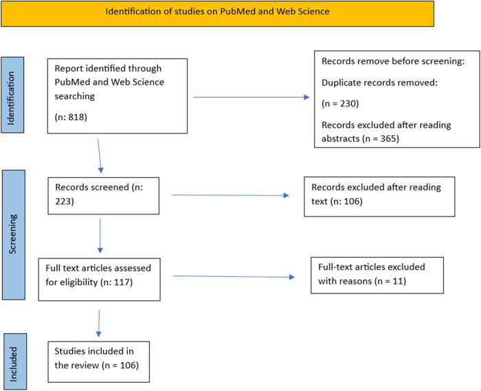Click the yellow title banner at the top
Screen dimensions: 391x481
pyautogui.click(x=216, y=12)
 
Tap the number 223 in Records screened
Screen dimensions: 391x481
pyautogui.click(x=59, y=203)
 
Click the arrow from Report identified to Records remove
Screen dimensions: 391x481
pyautogui.click(x=251, y=97)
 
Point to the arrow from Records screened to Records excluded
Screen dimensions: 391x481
pyautogui.click(x=230, y=196)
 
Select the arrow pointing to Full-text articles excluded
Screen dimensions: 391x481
pyautogui.click(x=234, y=276)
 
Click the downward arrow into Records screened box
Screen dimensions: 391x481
pyautogui.click(x=100, y=155)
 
